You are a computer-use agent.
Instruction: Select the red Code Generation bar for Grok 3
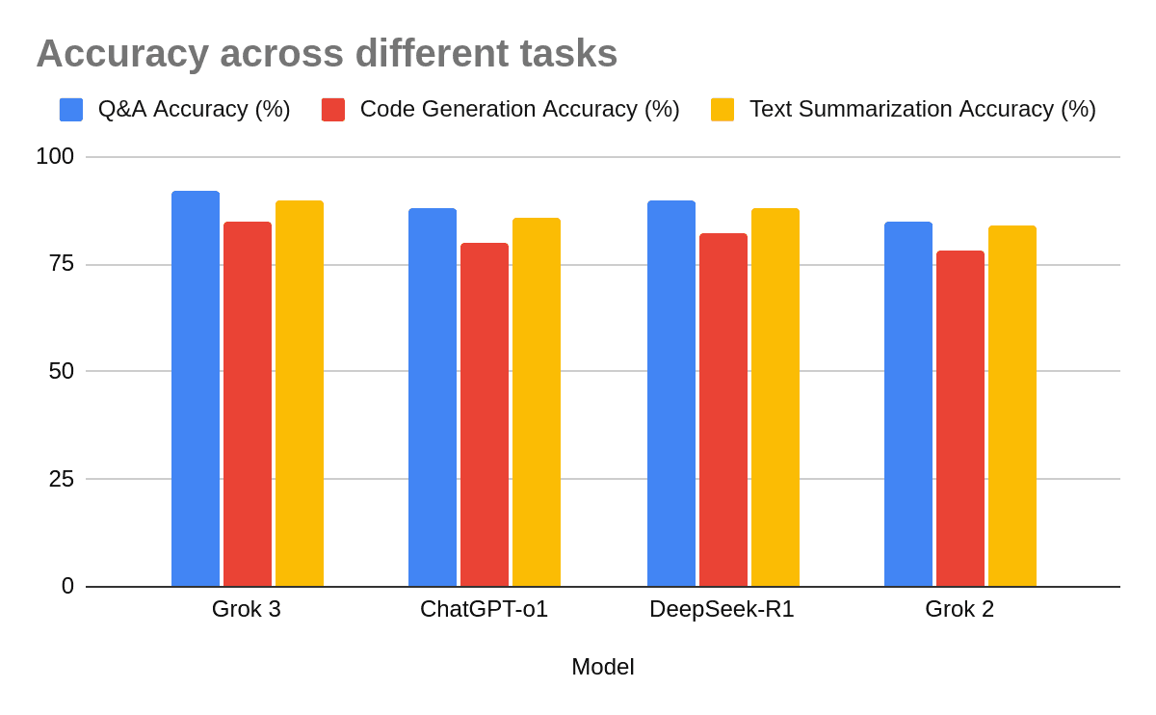pos(248,404)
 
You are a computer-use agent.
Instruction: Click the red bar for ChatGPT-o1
pos(485,414)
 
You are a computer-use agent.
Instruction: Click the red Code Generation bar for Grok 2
pos(960,418)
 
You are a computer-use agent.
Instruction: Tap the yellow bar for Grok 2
pos(1012,406)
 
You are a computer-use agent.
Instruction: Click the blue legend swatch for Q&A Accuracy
pos(71,110)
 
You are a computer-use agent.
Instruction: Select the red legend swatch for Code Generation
pos(333,110)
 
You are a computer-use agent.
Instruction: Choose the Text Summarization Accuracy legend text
pos(922,109)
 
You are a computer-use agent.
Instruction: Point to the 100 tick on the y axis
pos(55,156)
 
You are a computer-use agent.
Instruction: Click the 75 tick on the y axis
pos(61,264)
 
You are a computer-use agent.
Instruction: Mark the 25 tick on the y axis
pos(61,479)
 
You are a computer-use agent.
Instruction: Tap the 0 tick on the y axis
pos(67,586)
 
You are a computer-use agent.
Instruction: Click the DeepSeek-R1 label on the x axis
pos(722,609)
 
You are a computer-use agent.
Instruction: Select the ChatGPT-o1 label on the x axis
pos(484,609)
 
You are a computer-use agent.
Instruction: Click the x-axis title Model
pos(602,667)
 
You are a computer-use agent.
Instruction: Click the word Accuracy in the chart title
pos(121,54)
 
